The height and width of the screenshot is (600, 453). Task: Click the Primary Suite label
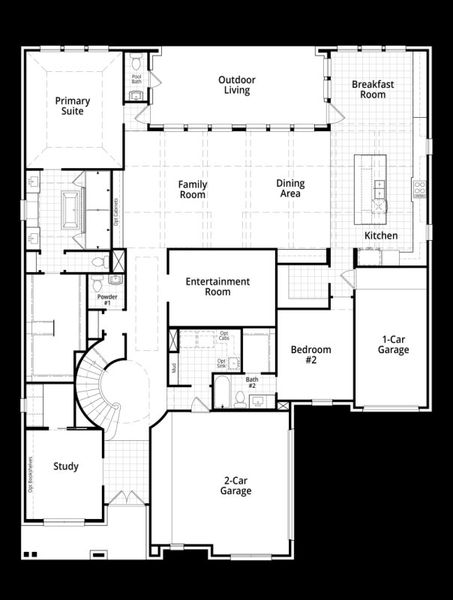click(x=73, y=106)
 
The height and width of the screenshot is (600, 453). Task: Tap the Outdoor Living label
click(x=236, y=85)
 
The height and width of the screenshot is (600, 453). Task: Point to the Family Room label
click(x=192, y=189)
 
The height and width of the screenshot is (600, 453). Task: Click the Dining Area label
click(x=291, y=189)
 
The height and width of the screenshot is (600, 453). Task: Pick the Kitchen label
click(x=381, y=235)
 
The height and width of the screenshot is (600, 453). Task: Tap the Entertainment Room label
click(x=217, y=286)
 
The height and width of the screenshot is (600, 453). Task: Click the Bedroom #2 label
click(x=311, y=355)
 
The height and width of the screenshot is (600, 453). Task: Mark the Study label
click(x=66, y=466)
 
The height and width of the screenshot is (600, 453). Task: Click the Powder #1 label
click(x=105, y=298)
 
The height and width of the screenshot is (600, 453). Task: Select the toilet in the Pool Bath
click(x=136, y=64)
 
